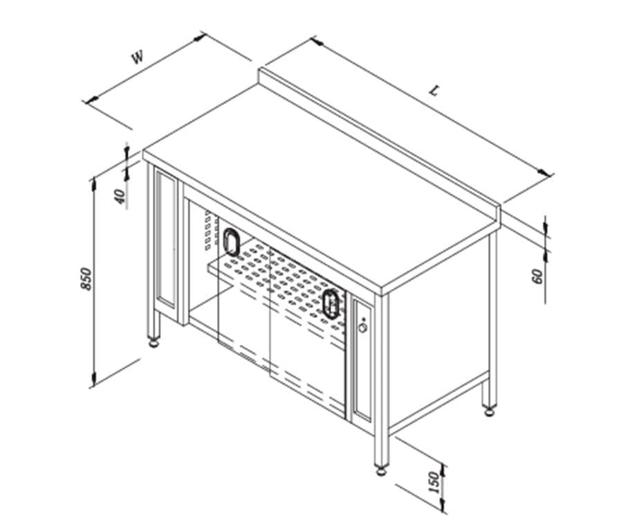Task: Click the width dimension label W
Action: pyautogui.click(x=138, y=57)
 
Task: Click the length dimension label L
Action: pyautogui.click(x=434, y=89)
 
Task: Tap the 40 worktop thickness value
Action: pyautogui.click(x=120, y=196)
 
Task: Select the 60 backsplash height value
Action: pyautogui.click(x=537, y=276)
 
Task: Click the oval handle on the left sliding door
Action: pyautogui.click(x=231, y=242)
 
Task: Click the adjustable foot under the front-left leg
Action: pyautogui.click(x=154, y=342)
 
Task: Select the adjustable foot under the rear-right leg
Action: pyautogui.click(x=490, y=411)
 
